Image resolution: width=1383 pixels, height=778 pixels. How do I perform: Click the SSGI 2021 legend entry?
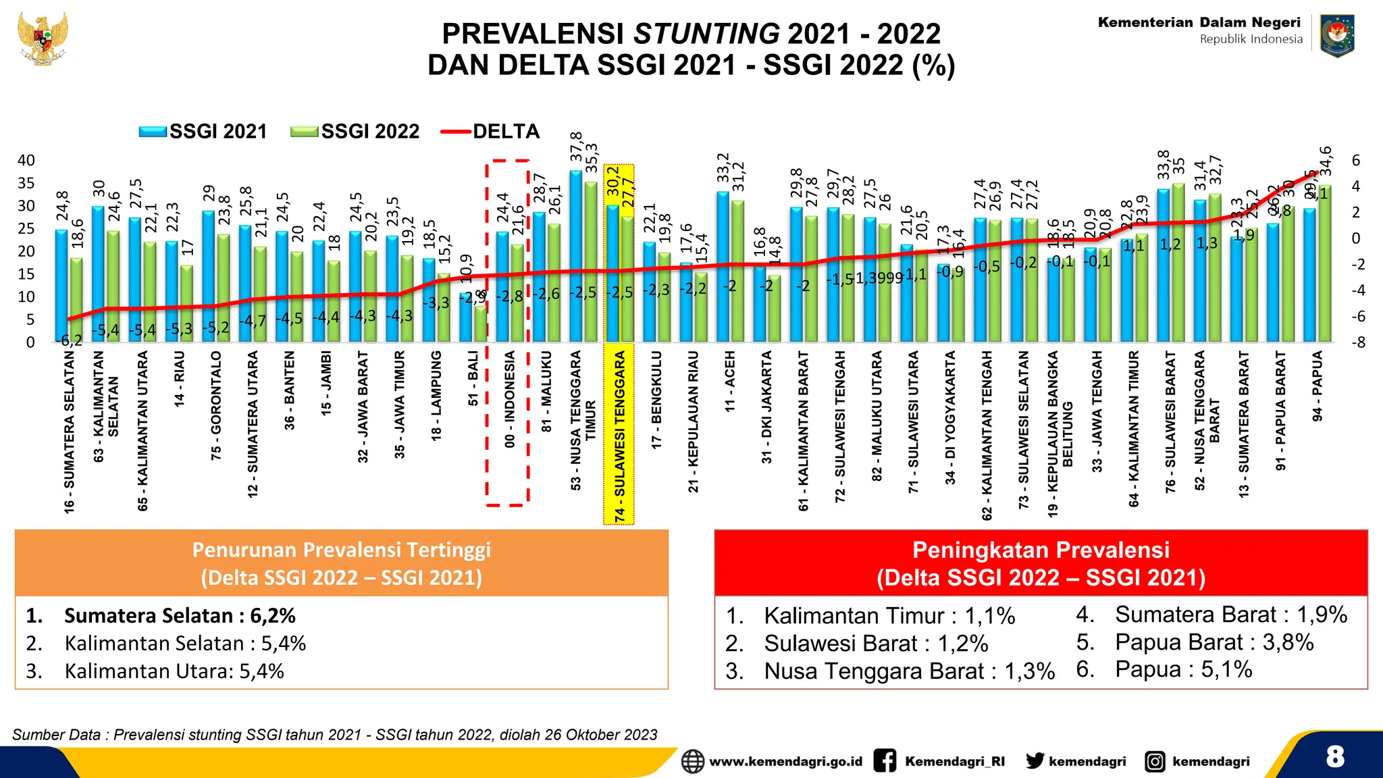[x=203, y=131]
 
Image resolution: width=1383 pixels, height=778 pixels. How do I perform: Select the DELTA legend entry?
[x=490, y=131]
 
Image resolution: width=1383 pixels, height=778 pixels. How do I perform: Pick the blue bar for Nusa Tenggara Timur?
[x=575, y=257]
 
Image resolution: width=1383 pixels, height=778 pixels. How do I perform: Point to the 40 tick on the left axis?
[x=26, y=161]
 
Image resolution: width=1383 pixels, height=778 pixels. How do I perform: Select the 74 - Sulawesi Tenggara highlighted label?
[x=619, y=436]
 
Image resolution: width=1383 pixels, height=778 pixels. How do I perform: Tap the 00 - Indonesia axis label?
[x=510, y=398]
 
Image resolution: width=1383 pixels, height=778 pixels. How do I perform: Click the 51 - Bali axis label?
[x=473, y=378]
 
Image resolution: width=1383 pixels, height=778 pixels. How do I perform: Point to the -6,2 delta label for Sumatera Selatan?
[x=71, y=340]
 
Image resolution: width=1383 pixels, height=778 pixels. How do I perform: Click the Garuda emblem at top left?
[x=43, y=38]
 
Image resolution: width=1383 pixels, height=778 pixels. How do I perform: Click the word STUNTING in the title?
[x=706, y=34]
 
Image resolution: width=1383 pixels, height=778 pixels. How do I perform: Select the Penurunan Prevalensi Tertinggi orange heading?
[x=342, y=563]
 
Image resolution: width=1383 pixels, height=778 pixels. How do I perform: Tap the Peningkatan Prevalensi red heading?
[x=1041, y=563]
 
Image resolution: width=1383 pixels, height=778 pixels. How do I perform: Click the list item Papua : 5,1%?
[x=1183, y=669]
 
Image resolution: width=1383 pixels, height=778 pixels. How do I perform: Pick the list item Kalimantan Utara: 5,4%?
[x=174, y=671]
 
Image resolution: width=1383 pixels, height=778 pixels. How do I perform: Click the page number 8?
[x=1334, y=756]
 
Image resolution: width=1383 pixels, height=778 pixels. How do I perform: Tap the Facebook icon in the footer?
[x=885, y=761]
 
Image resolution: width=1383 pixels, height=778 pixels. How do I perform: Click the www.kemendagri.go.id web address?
[x=785, y=762]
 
